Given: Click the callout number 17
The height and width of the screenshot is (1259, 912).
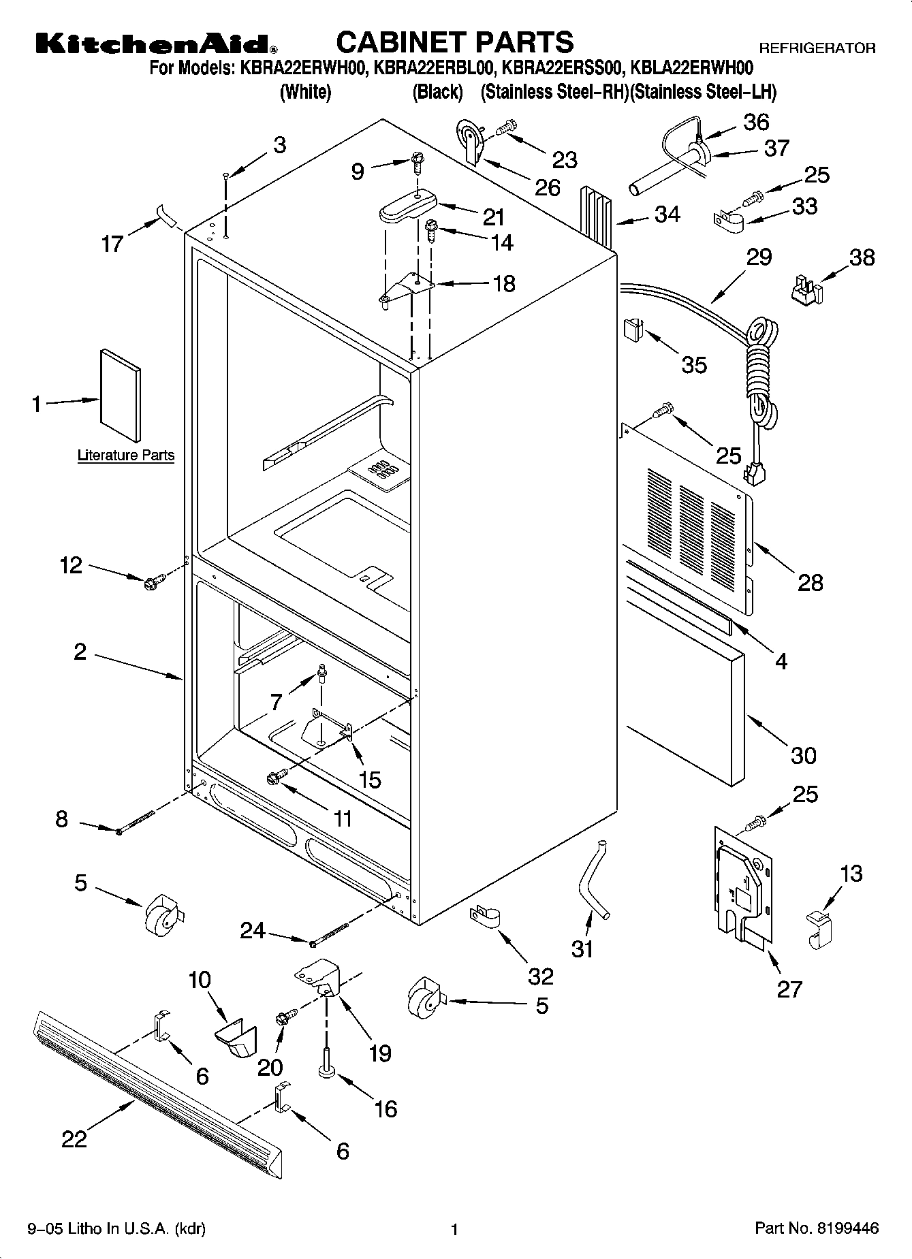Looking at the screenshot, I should point(112,243).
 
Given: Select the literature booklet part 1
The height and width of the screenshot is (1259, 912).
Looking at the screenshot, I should point(121,396).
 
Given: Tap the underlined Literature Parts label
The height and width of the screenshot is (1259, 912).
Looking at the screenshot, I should point(126,456).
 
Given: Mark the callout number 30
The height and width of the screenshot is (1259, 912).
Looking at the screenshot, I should point(804,755).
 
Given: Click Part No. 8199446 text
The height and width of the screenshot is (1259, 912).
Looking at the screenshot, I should point(816,1228).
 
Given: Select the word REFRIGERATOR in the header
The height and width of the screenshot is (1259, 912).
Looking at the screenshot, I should point(817,49).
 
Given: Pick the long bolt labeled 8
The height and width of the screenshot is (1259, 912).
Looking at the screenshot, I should point(136,821).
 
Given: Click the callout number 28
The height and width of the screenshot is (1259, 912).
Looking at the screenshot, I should point(810,582).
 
